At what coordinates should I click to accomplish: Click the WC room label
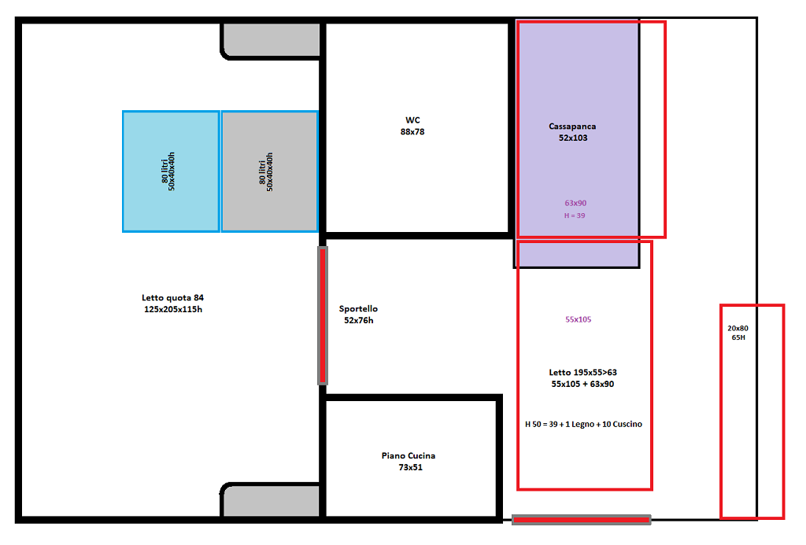tap(412, 120)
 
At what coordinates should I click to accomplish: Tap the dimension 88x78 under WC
tap(412, 132)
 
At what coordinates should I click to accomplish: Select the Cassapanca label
tap(572, 127)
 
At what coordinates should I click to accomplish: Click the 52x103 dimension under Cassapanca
tap(573, 138)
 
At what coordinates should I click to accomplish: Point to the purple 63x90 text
tap(575, 203)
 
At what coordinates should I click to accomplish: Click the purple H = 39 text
tap(575, 215)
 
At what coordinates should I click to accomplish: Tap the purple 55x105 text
tap(579, 319)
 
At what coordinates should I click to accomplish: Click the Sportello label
tap(358, 309)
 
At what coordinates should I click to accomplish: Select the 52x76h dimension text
tap(359, 321)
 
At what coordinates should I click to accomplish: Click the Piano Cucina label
tap(409, 455)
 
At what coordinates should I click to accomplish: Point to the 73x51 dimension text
tap(410, 467)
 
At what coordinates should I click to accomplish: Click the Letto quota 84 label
tap(172, 298)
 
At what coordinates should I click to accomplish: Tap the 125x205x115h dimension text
tap(173, 309)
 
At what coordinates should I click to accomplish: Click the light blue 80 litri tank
tap(171, 171)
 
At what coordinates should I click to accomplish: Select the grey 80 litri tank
tap(269, 171)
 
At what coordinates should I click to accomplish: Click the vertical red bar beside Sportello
tap(323, 316)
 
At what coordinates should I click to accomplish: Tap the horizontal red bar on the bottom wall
tap(582, 521)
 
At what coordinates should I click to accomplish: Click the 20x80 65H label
tap(738, 333)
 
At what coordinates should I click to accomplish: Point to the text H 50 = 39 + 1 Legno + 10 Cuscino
tap(583, 425)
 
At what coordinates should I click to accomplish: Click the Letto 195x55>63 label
tap(583, 373)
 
